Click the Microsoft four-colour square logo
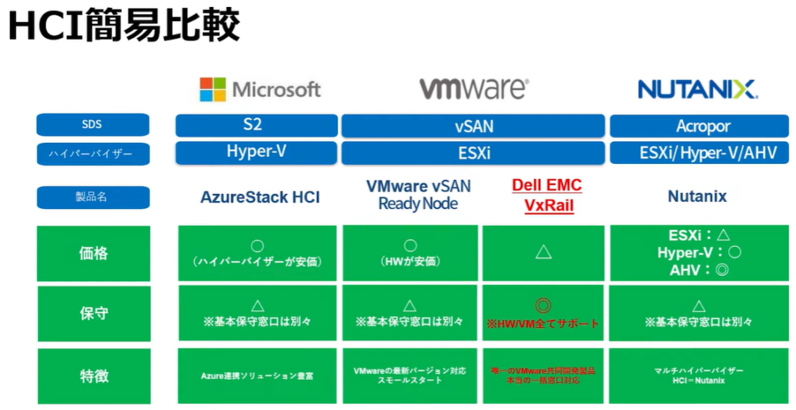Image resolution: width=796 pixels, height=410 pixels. click(x=212, y=89)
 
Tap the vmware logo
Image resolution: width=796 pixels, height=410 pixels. click(x=473, y=89)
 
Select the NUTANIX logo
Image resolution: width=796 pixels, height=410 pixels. click(x=697, y=89)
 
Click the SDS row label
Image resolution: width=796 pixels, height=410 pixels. click(x=93, y=124)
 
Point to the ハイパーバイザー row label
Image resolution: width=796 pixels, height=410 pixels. click(x=93, y=153)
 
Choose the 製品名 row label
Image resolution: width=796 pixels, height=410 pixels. click(x=93, y=197)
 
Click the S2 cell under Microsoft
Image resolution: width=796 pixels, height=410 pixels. click(x=257, y=125)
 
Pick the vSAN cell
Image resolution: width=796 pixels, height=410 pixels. click(x=473, y=126)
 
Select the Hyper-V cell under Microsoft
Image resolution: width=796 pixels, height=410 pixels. click(x=257, y=152)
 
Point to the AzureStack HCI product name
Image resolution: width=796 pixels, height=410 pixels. click(x=260, y=197)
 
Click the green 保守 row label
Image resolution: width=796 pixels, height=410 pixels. click(x=93, y=314)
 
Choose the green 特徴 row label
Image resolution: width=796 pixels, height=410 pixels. click(x=93, y=376)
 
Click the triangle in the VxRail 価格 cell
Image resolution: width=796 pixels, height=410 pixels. click(x=543, y=252)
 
